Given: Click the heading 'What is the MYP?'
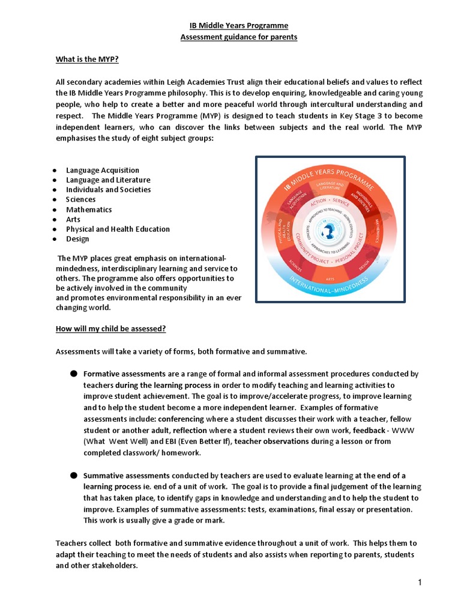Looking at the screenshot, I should (87, 59).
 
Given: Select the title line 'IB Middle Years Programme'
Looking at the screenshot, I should (231, 25).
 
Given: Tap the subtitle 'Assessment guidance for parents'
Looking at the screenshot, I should (231, 37).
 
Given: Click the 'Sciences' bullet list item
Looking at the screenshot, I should (80, 199).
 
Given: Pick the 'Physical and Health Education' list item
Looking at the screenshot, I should (118, 229).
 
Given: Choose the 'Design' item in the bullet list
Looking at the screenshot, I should (77, 239).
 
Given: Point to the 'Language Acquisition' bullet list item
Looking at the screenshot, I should (102, 170).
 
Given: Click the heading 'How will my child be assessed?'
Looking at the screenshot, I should (110, 329).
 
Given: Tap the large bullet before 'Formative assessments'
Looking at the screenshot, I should (73, 374).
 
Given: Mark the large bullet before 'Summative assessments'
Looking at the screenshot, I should (73, 475).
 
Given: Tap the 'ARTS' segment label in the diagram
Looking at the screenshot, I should (329, 279).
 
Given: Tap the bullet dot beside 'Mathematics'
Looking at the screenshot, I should (55, 210).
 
